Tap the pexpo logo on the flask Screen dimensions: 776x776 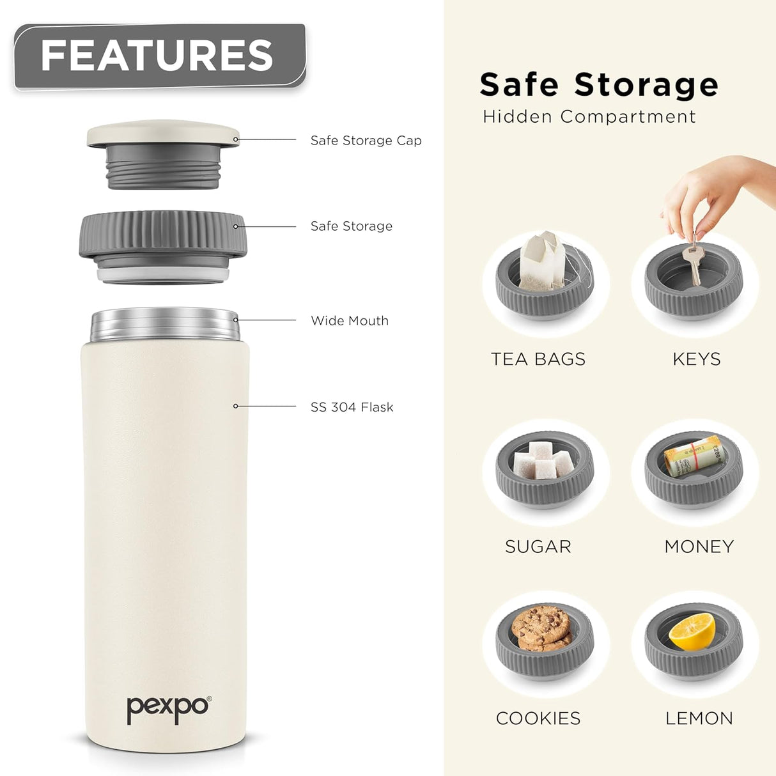168,708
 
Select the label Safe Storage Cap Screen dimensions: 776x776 366,141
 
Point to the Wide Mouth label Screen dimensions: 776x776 350,321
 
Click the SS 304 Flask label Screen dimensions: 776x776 352,407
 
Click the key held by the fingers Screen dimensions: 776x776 691,262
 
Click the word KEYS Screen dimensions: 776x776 696,359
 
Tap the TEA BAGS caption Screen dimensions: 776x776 538,359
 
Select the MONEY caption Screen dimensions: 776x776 699,547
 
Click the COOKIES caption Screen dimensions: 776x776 538,718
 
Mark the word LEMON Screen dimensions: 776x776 699,718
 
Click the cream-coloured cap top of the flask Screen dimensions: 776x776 163,133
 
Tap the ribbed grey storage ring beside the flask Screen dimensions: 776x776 163,235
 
